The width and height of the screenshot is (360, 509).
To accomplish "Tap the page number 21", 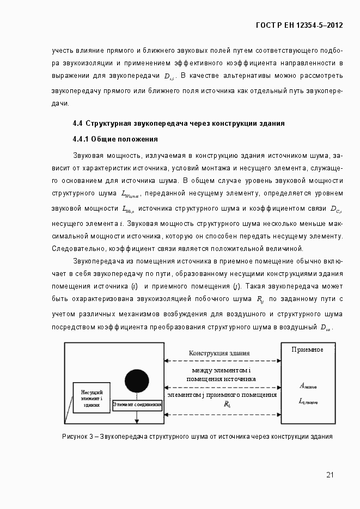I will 330,475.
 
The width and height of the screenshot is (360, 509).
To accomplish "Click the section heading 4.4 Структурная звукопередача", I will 179,123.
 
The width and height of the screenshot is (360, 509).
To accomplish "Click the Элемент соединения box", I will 137,404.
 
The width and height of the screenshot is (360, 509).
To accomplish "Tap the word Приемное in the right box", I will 307,349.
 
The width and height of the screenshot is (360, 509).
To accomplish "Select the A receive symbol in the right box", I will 308,386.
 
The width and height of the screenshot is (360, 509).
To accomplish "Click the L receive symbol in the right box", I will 308,401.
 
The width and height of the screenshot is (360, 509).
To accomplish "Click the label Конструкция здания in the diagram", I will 219,353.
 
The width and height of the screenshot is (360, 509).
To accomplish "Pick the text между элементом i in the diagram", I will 221,371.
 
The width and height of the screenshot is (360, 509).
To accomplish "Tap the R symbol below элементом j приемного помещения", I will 227,404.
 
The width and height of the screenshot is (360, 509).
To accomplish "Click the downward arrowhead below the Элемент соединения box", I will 137,420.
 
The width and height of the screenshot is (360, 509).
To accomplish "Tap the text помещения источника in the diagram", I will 221,379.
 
